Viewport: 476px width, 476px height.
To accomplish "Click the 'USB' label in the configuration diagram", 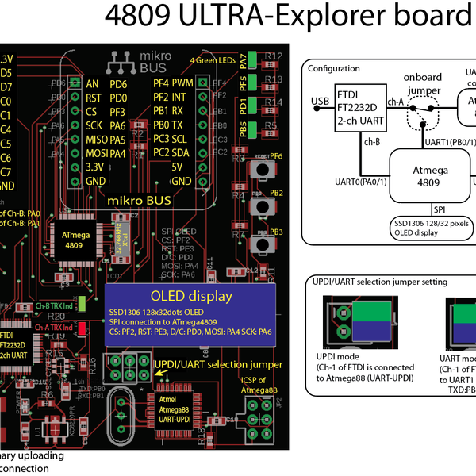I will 321,100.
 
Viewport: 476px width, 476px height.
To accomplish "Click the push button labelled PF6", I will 259,170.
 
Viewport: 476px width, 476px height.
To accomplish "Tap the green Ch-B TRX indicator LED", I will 82,305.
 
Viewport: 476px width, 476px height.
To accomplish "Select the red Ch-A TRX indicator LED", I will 82,327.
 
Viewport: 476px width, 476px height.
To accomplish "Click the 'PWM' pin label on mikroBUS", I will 183,83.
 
